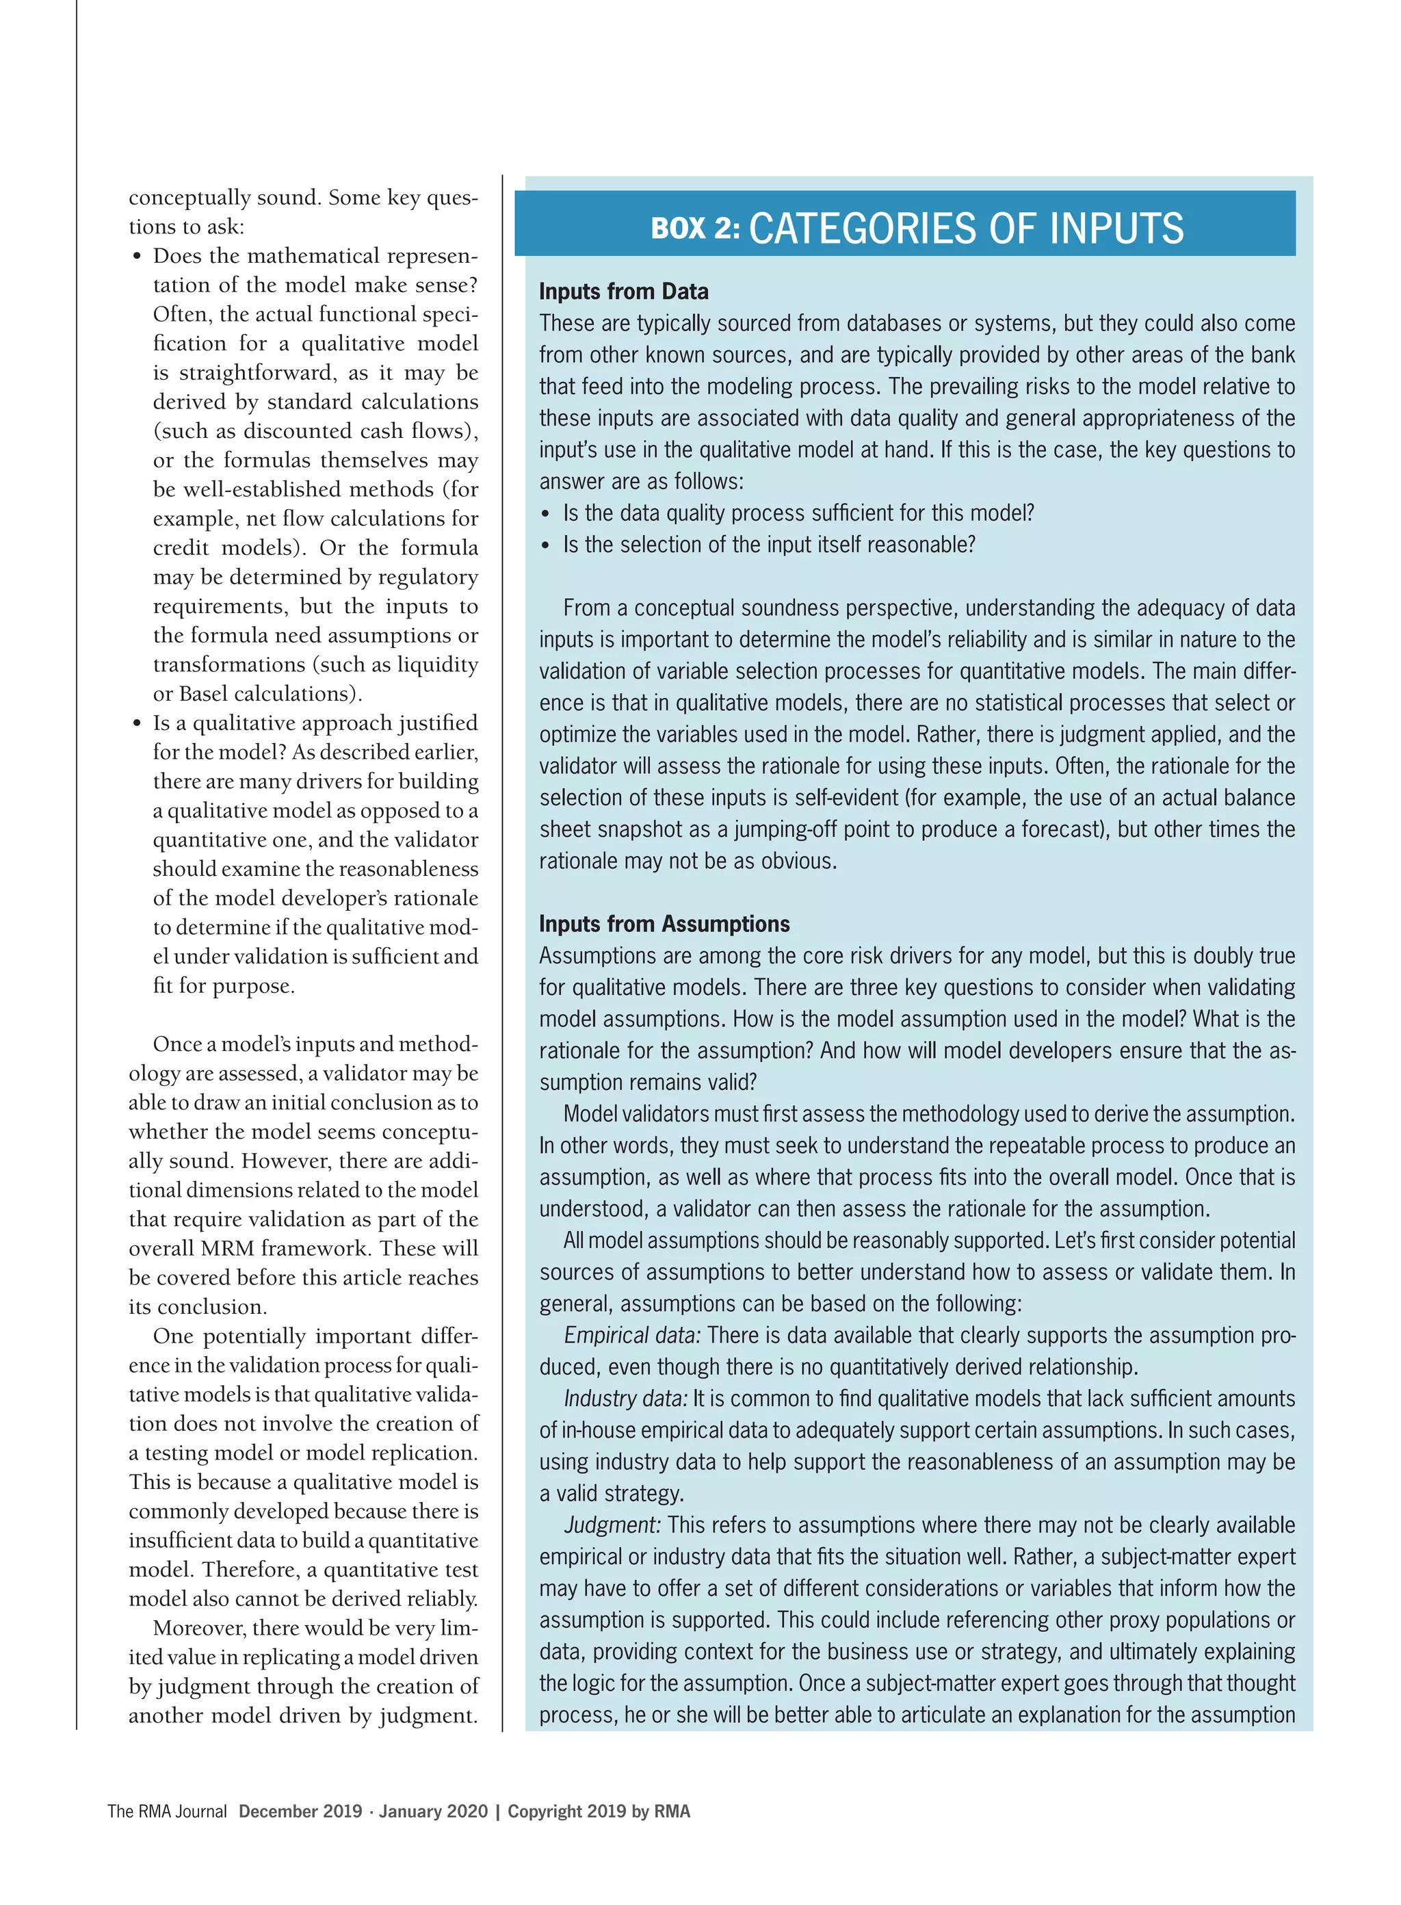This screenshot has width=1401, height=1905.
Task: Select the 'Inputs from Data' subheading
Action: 623,291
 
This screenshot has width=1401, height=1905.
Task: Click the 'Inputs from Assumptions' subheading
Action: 664,924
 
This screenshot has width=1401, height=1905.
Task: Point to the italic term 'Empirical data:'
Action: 633,1335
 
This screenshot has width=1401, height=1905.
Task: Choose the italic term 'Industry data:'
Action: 626,1399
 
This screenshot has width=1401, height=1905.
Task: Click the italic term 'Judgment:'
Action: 612,1525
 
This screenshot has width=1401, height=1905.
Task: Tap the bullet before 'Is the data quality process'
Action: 545,514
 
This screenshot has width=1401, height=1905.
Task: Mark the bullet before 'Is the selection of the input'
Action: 545,545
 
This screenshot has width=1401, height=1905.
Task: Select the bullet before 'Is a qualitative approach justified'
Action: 137,723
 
